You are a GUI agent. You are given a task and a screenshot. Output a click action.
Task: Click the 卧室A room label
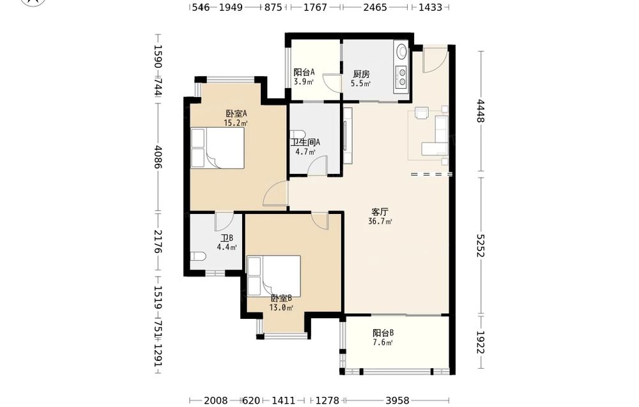236,114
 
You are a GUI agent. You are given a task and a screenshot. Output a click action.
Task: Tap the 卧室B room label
281,298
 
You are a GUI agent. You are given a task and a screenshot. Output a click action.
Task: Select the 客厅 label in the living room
380,212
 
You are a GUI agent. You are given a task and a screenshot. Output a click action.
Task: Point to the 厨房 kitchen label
361,74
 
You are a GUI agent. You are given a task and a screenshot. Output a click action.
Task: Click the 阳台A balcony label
304,72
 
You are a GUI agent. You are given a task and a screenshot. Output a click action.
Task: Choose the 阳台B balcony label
383,333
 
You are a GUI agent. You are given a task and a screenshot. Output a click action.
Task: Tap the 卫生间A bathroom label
305,142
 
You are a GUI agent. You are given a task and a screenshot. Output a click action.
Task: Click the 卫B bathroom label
227,238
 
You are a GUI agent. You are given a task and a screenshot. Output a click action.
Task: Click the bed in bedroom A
218,148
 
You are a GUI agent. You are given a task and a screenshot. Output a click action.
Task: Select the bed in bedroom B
274,276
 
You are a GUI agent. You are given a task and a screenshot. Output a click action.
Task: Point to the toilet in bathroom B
198,256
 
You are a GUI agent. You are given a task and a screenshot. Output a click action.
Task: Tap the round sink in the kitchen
402,51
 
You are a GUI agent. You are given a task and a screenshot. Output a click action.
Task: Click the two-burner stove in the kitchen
402,77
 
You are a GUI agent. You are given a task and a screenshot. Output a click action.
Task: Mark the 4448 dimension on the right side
481,111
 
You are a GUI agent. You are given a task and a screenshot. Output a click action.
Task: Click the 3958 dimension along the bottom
397,401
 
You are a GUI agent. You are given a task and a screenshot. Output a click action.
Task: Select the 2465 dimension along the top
375,7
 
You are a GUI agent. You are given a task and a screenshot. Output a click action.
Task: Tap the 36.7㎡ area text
380,222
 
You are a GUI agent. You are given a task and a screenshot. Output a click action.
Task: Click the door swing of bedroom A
275,194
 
